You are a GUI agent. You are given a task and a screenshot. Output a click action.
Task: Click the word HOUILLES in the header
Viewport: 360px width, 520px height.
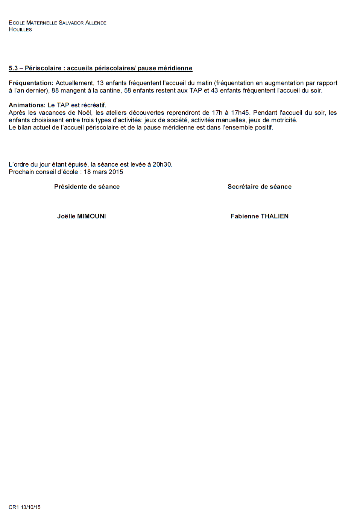[x=20, y=29]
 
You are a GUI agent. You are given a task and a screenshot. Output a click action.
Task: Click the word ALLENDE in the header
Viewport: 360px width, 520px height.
[x=96, y=23]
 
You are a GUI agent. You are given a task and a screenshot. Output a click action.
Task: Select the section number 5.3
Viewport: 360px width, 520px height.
[x=13, y=68]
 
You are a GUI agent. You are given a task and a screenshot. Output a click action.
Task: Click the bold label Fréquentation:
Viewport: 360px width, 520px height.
[x=31, y=83]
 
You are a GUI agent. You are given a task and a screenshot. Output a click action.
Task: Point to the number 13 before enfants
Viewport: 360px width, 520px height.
[x=100, y=83]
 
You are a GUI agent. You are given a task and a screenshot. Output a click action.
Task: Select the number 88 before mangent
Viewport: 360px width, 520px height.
[x=55, y=90]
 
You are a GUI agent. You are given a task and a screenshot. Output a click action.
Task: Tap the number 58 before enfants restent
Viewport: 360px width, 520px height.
[x=128, y=90]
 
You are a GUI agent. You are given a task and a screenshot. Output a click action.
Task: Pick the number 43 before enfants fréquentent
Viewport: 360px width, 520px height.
[x=214, y=90]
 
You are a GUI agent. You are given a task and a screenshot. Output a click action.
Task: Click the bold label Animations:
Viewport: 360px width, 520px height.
[x=27, y=105]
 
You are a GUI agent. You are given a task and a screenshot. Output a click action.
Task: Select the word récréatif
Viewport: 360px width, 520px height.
[x=93, y=105]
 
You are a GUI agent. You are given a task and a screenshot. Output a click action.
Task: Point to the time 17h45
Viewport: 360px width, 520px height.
[x=240, y=113]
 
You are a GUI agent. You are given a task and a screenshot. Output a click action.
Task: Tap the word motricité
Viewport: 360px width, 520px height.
[x=284, y=120]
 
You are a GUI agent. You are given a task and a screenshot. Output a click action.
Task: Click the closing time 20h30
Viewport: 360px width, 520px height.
[x=162, y=164]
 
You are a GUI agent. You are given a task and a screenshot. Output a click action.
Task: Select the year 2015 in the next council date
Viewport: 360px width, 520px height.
[x=116, y=172]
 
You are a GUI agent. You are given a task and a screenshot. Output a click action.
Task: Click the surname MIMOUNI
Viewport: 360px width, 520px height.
[x=91, y=216]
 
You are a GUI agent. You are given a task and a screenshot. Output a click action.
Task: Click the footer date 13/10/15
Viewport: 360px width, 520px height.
[x=30, y=507]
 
